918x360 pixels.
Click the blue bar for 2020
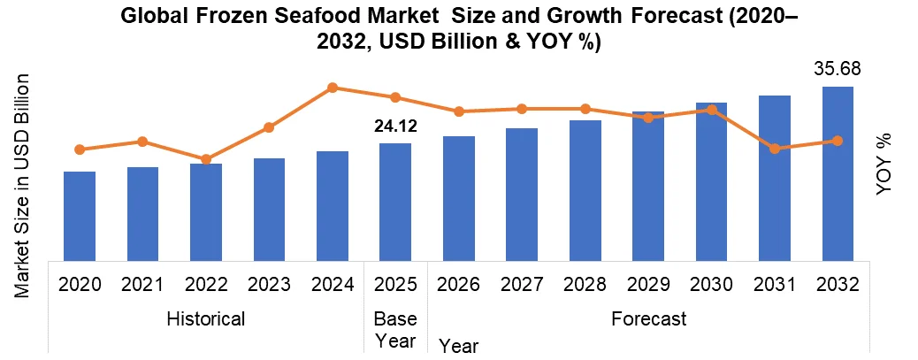pyautogui.click(x=80, y=216)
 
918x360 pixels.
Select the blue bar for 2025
pyautogui.click(x=395, y=202)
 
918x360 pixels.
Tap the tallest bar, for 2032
pyautogui.click(x=838, y=173)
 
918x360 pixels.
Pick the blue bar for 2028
pyautogui.click(x=585, y=190)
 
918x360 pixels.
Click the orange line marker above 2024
pyautogui.click(x=333, y=88)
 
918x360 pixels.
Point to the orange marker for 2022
pyautogui.click(x=206, y=159)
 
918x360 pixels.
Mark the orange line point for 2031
pyautogui.click(x=775, y=149)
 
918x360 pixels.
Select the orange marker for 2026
pyautogui.click(x=459, y=111)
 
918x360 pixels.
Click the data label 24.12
pyautogui.click(x=395, y=127)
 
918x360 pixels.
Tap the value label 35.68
pyautogui.click(x=838, y=69)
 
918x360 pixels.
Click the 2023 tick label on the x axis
pyautogui.click(x=269, y=285)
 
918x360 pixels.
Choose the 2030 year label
pyautogui.click(x=712, y=285)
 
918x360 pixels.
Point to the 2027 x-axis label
pyautogui.click(x=522, y=285)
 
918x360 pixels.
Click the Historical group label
pyautogui.click(x=206, y=318)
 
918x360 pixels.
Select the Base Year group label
pyautogui.click(x=395, y=329)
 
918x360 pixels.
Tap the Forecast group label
pyautogui.click(x=648, y=318)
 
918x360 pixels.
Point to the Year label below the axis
pyautogui.click(x=459, y=346)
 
